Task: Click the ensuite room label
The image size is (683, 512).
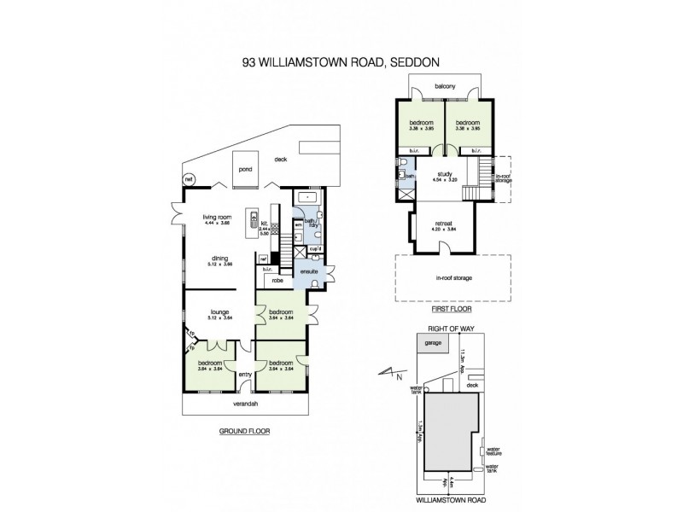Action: pyautogui.click(x=307, y=271)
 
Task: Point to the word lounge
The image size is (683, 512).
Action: pyautogui.click(x=207, y=311)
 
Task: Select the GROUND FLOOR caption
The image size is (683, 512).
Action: pyautogui.click(x=244, y=432)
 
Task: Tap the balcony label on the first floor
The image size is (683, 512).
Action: pyautogui.click(x=442, y=86)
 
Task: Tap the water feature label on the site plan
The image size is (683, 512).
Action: pyautogui.click(x=492, y=450)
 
